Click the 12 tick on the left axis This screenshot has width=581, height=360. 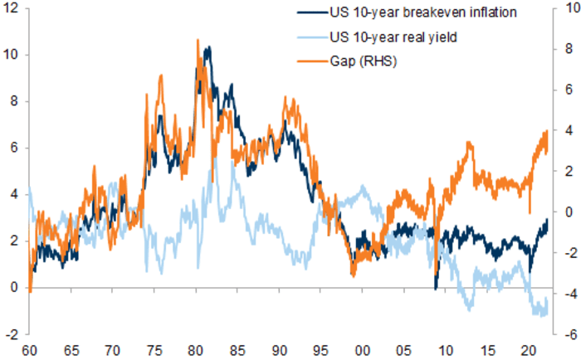12,8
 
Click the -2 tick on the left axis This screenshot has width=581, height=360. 12,334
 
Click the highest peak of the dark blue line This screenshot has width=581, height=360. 207,47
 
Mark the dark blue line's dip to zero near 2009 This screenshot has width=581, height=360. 436,288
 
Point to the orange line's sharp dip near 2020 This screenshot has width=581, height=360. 530,212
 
